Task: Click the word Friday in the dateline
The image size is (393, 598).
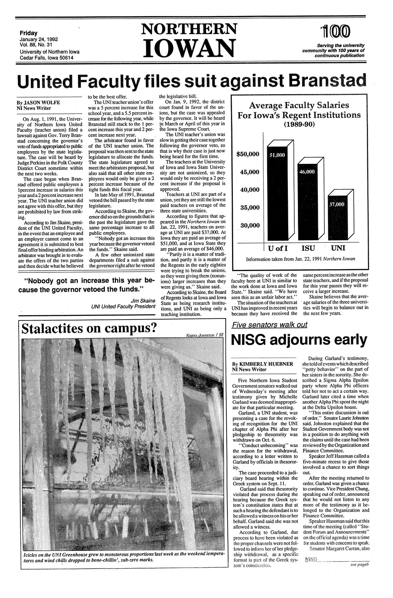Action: (x=29, y=33)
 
